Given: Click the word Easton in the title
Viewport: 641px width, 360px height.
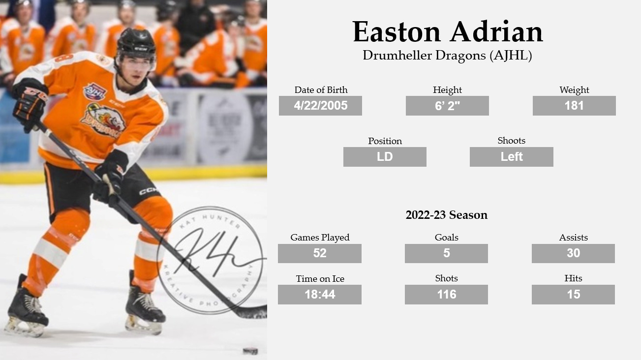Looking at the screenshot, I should click(397, 32).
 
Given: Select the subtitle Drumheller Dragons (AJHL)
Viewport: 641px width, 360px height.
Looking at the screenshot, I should click(447, 56).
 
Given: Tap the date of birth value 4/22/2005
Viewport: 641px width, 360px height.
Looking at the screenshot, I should click(320, 106).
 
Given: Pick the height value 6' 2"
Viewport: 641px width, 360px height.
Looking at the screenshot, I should click(447, 106).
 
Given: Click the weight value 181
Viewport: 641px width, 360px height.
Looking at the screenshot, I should click(574, 106).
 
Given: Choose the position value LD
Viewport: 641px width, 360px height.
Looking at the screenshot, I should click(385, 157).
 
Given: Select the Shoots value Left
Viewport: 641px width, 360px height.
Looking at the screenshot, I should click(512, 157).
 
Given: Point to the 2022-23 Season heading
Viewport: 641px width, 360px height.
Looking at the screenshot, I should click(447, 215).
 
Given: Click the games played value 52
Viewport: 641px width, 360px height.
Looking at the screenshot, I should click(320, 253).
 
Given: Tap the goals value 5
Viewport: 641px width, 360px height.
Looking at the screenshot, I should click(447, 253).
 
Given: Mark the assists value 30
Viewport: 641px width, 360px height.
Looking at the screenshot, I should click(574, 253).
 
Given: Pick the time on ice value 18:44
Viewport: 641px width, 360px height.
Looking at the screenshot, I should click(320, 295).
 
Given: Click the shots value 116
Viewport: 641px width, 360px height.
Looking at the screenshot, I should click(447, 295).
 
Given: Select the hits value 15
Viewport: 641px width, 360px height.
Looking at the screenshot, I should click(574, 295).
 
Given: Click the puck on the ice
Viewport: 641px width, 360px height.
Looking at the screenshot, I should click(250, 351).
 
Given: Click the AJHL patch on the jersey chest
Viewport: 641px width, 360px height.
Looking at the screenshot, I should click(94, 91).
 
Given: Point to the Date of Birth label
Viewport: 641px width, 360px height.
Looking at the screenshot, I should click(321, 90).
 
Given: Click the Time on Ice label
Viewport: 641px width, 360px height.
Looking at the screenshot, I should click(320, 279).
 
